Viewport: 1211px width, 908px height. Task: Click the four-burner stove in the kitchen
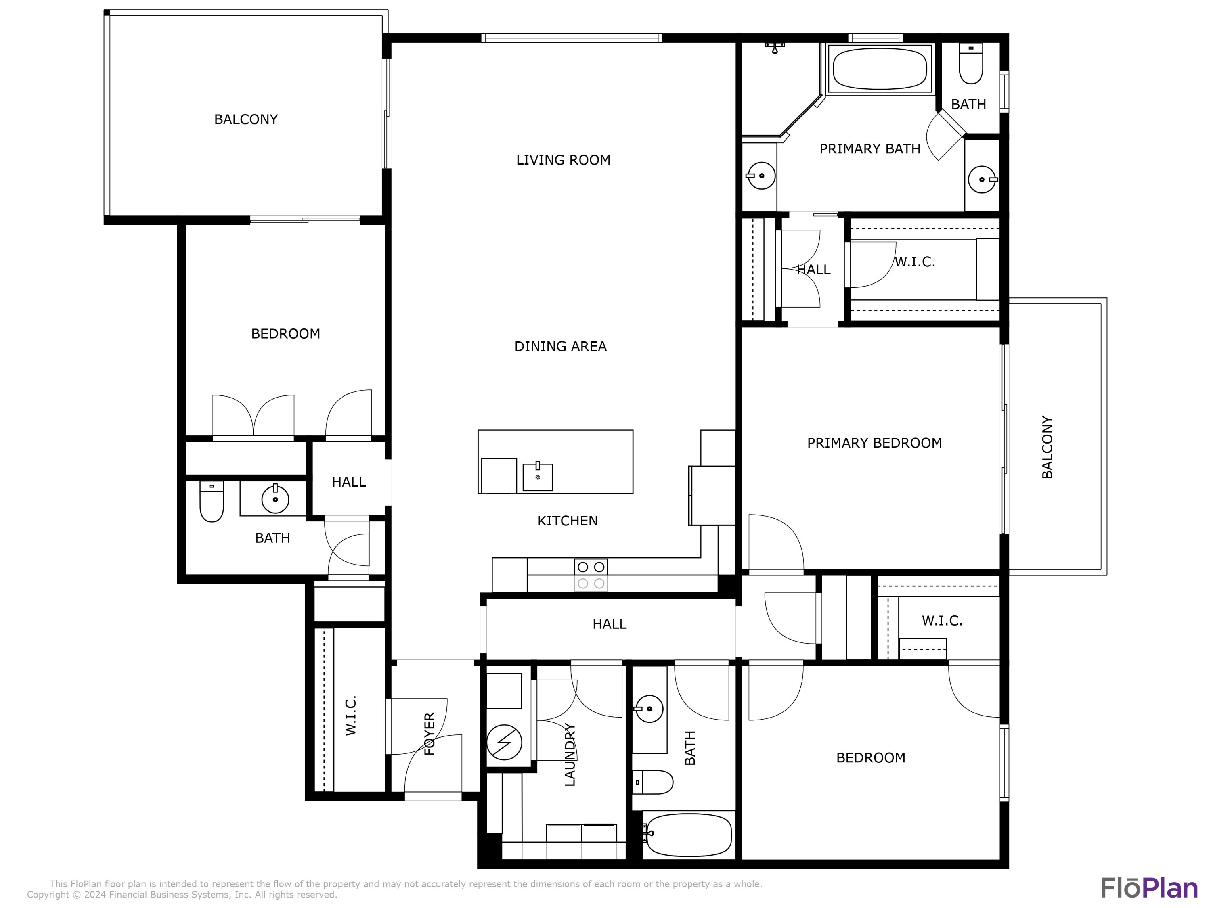point(591,575)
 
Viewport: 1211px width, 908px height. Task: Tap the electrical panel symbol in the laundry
point(504,743)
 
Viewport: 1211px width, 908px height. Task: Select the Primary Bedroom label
point(874,443)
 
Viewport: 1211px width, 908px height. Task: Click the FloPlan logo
point(1148,888)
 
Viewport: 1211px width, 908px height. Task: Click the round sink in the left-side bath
point(275,499)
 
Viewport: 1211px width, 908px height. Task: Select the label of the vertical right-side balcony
point(1047,447)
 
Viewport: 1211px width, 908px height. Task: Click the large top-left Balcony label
point(246,119)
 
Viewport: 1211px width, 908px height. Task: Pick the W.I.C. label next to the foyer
point(351,716)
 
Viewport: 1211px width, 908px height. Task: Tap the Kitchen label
point(567,521)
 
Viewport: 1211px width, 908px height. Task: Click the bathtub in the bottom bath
point(688,835)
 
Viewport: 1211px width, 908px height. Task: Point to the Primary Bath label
point(869,149)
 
